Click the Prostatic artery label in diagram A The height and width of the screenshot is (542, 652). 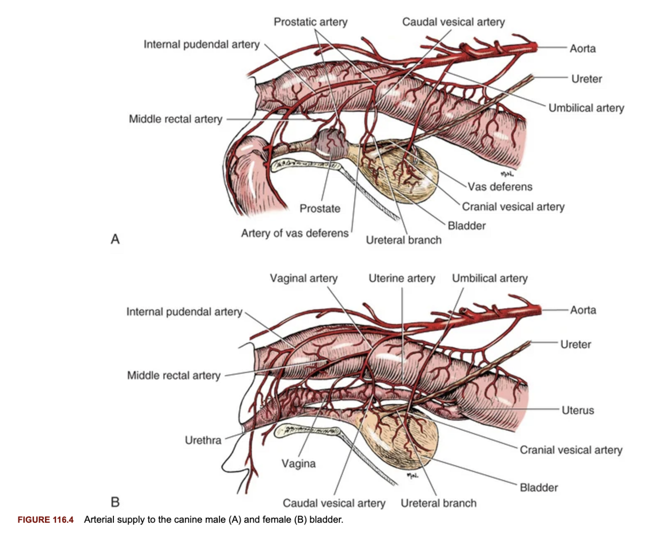tap(310, 22)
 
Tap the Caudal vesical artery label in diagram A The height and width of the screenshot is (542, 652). tap(453, 22)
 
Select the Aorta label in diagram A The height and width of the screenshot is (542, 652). tap(583, 48)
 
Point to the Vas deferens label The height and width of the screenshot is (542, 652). tap(500, 187)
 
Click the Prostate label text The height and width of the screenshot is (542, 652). tap(320, 208)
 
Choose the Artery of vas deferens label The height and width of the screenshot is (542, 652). tap(294, 233)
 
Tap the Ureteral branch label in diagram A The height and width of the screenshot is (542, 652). tap(403, 240)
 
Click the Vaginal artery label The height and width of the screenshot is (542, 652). tap(304, 278)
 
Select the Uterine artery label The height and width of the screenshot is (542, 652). tap(402, 278)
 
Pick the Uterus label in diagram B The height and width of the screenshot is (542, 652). tap(578, 410)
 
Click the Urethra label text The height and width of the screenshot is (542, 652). tap(203, 440)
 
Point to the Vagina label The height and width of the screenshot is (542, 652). tap(298, 463)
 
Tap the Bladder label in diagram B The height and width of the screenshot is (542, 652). tap(539, 487)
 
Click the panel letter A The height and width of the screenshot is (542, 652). tap(115, 239)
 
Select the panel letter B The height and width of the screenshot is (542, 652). tap(115, 501)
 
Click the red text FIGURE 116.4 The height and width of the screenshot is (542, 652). tap(45, 520)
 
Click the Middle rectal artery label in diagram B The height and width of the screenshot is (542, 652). tap(174, 375)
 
